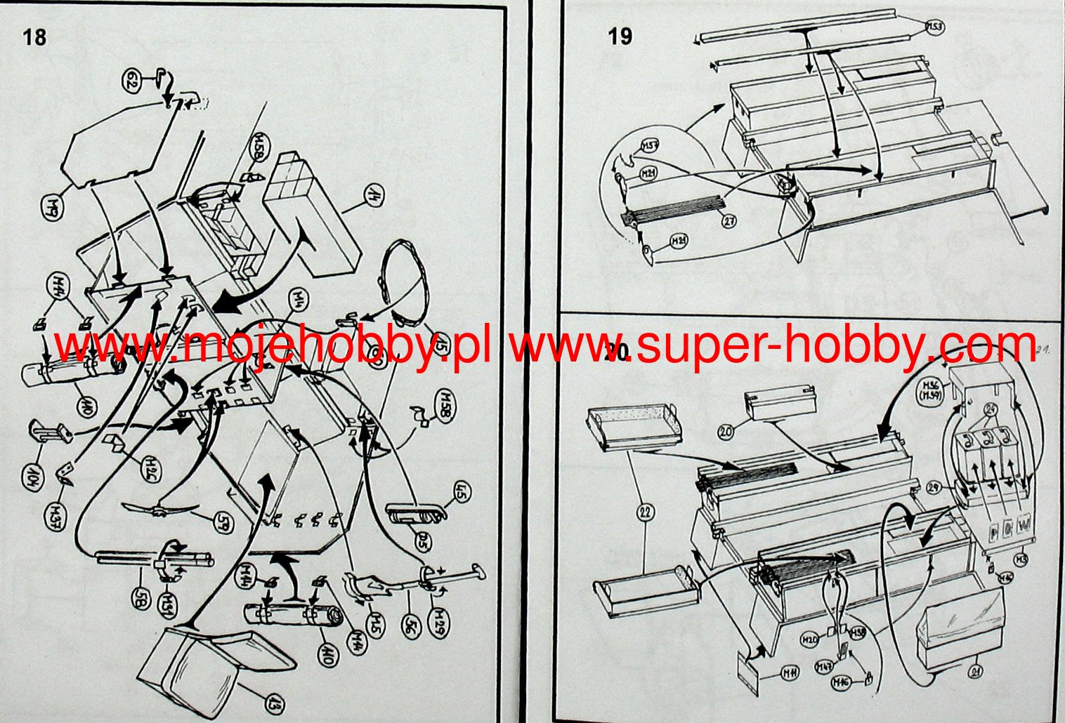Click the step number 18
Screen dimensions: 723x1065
[34, 37]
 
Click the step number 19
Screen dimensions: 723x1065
[620, 36]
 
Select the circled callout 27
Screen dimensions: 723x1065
[730, 221]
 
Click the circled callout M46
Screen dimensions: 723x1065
[842, 682]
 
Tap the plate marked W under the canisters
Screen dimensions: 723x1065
[1023, 526]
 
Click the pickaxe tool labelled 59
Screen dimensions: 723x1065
[158, 509]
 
